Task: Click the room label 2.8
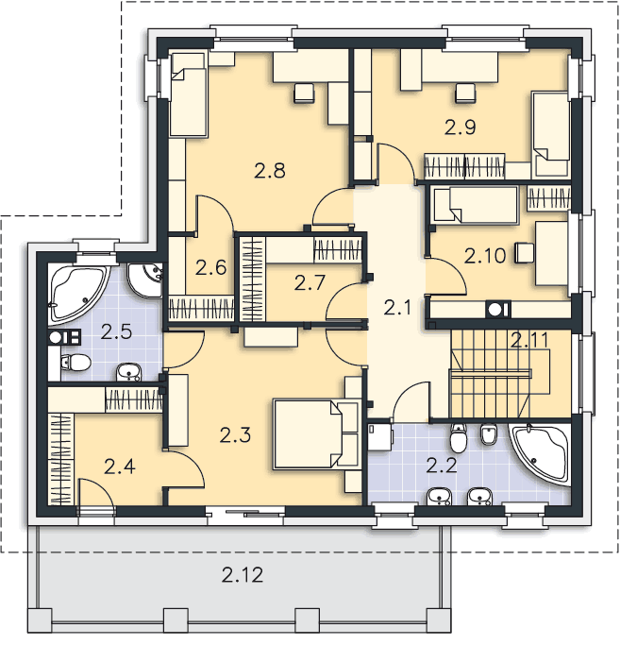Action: coord(269,171)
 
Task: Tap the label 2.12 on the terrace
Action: coord(243,574)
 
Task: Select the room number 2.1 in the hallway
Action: coord(397,307)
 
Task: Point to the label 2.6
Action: coord(210,268)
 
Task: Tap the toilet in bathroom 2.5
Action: coord(75,363)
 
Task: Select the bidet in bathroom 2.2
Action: coord(489,434)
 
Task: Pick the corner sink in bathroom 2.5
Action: coord(145,280)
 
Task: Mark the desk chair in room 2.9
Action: coord(465,93)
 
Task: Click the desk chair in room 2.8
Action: coord(304,93)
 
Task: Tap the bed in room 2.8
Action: coord(188,94)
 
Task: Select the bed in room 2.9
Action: coord(550,135)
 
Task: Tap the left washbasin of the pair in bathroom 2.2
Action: coord(440,496)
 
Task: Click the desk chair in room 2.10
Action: coord(525,252)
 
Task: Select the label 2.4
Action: coord(119,467)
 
